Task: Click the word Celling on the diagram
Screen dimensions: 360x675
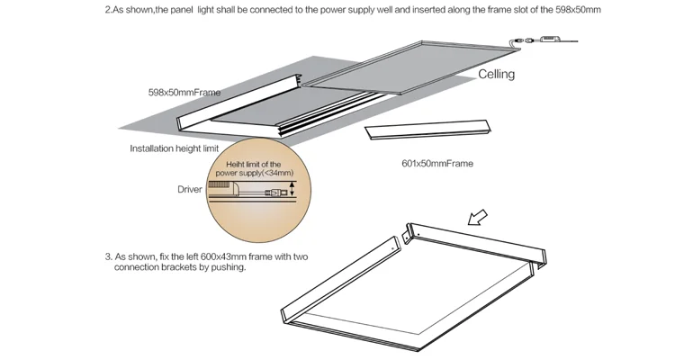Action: pos(496,74)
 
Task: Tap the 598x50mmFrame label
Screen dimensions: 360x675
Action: pos(184,92)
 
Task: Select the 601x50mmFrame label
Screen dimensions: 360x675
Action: pos(436,164)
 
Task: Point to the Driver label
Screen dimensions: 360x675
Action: pos(189,190)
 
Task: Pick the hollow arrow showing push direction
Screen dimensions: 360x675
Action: pos(477,217)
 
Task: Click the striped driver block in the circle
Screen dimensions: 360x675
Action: pos(220,183)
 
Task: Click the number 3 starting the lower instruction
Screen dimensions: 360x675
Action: pos(107,256)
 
